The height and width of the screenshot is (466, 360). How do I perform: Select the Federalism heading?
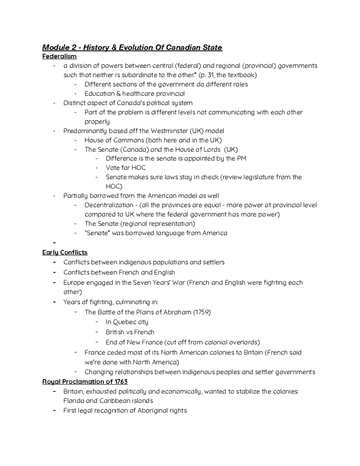[59, 56]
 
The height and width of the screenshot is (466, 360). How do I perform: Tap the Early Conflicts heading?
[65, 252]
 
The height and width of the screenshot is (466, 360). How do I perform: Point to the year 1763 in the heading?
[121, 382]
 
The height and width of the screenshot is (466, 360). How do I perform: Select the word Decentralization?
[109, 205]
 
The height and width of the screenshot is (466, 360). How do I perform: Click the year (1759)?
[202, 312]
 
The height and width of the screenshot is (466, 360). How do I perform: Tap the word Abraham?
[177, 312]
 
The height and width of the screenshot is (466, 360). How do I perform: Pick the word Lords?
[211, 149]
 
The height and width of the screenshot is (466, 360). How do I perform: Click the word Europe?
[74, 283]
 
